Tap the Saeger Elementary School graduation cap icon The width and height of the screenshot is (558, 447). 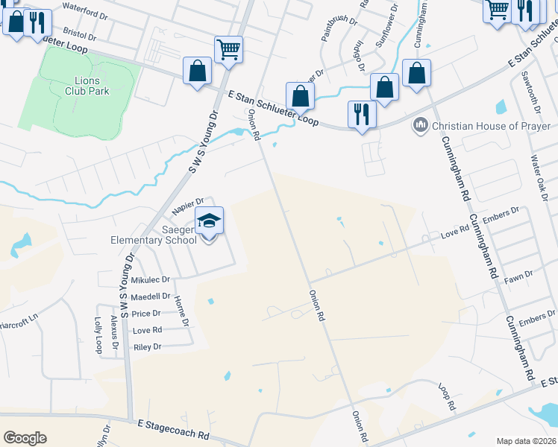[209, 221]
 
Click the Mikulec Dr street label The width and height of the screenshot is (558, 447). [150, 280]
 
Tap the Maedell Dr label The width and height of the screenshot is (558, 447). [150, 297]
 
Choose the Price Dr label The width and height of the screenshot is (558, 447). [146, 314]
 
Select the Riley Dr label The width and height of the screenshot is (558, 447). [147, 347]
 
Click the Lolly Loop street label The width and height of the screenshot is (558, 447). [98, 336]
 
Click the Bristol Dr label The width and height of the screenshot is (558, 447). [81, 34]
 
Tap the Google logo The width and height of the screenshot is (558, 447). [25, 438]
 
